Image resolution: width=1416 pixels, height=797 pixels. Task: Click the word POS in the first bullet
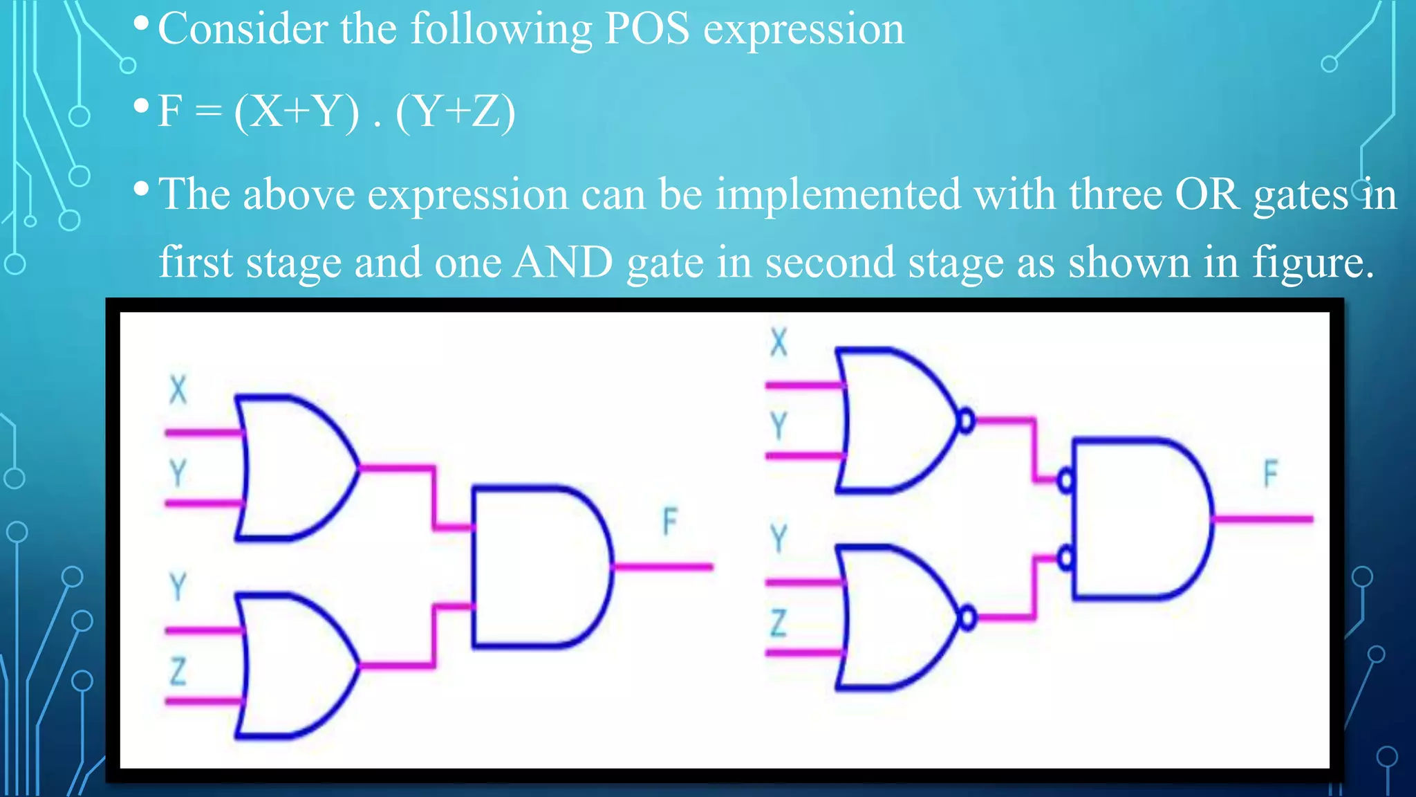[646, 29]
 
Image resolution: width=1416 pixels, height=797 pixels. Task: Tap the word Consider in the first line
[243, 29]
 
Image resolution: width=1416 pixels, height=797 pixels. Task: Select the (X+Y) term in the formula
[297, 112]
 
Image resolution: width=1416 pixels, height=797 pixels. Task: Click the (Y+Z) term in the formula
[456, 112]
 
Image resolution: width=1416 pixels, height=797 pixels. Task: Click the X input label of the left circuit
[178, 390]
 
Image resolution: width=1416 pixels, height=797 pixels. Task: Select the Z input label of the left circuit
[178, 672]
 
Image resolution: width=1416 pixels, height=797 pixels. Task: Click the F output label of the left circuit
[669, 521]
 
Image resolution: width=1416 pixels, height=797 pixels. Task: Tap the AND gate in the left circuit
[539, 567]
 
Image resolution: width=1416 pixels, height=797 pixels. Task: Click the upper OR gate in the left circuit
[294, 468]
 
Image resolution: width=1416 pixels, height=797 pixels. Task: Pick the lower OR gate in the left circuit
[294, 666]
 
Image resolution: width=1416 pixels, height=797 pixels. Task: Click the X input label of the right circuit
[779, 342]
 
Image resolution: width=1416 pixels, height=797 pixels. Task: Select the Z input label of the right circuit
[779, 623]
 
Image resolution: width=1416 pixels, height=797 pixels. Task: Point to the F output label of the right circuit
[1270, 474]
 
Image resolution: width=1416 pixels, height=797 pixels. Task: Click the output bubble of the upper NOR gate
[967, 420]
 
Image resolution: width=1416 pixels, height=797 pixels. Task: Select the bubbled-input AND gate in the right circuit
[1141, 518]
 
